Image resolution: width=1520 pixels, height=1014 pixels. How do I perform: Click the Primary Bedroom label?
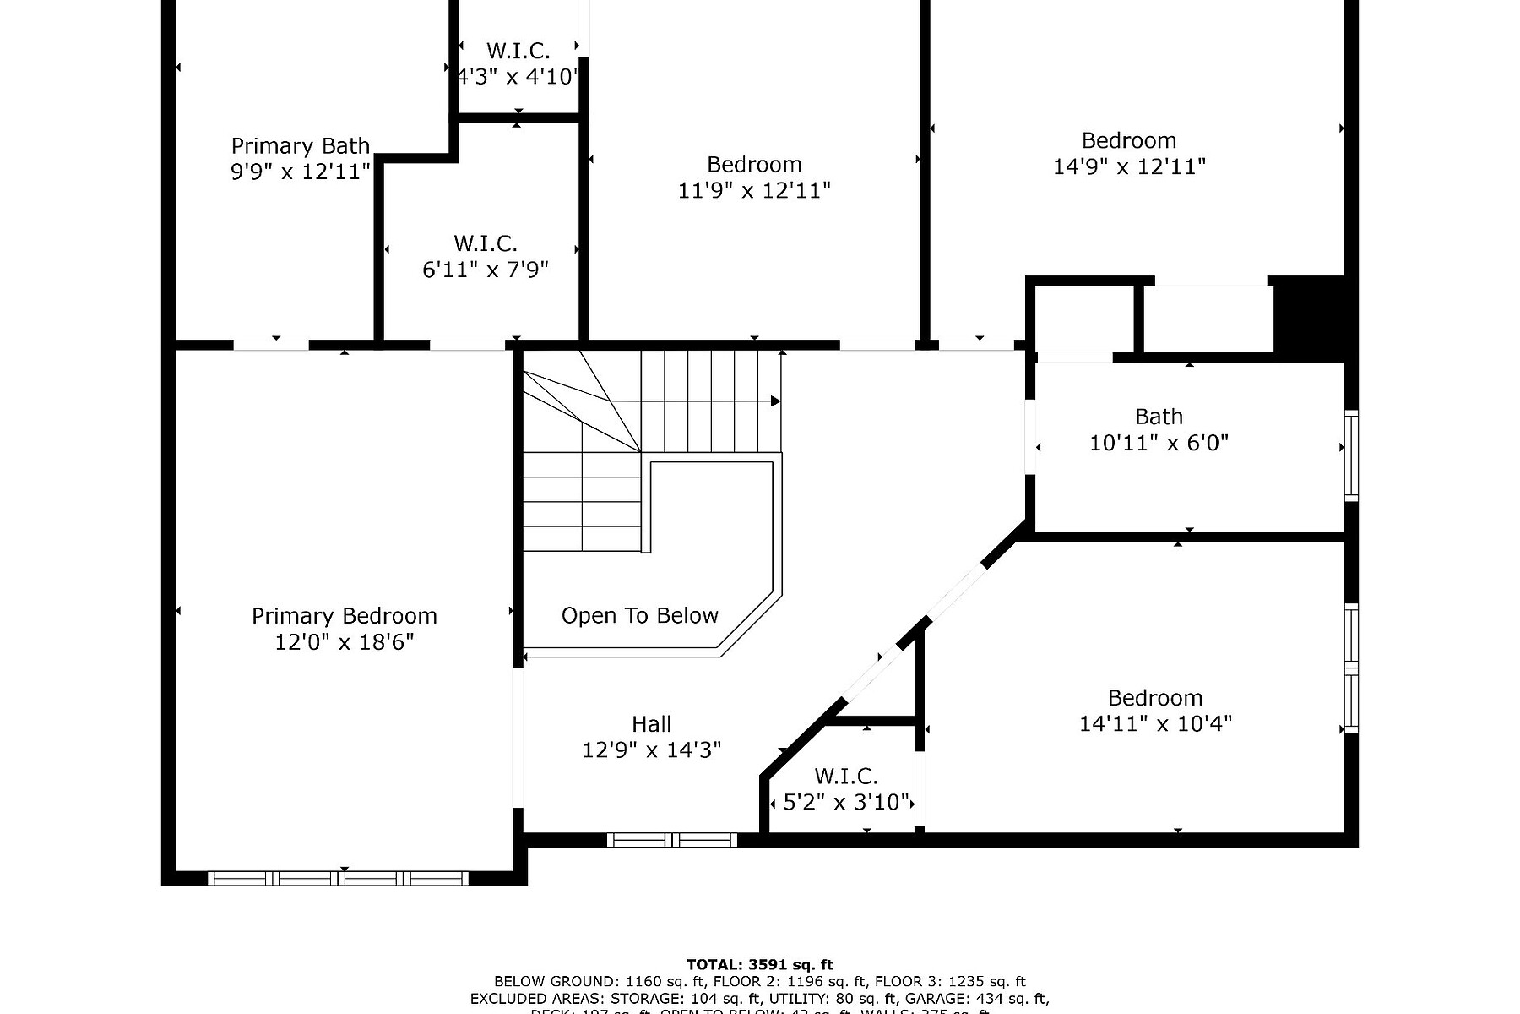pos(344,616)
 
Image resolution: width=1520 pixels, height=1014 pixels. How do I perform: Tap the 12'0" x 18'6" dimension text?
pos(344,642)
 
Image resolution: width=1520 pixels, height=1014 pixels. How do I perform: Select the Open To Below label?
pos(639,616)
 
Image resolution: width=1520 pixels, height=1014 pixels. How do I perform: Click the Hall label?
pos(651,724)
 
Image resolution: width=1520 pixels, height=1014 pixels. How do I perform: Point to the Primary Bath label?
pos(300,146)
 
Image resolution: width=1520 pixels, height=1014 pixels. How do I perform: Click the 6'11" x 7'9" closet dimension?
pos(486,270)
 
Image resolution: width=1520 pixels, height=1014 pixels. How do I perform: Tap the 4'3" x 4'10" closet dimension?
pos(518,77)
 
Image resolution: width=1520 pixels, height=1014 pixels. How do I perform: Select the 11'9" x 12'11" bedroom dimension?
pos(754,190)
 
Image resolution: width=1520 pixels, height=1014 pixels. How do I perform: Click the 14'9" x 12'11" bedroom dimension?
pos(1128,166)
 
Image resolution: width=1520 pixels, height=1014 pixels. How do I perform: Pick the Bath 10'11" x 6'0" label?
pos(1159,429)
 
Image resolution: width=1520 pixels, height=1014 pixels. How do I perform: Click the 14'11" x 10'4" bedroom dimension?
pos(1155,724)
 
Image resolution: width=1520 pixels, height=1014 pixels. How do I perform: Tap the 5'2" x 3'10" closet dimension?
pos(845,802)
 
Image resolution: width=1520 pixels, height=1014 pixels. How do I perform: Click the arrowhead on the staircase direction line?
pos(775,401)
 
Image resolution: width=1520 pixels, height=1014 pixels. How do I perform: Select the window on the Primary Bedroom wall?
pos(338,879)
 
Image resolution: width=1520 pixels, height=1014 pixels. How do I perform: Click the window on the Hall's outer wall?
pos(672,840)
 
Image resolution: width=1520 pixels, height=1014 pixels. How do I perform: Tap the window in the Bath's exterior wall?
pos(1350,456)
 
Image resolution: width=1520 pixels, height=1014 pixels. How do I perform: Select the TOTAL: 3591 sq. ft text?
pos(759,964)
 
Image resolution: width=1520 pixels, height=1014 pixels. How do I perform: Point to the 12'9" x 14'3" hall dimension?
pos(651,750)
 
